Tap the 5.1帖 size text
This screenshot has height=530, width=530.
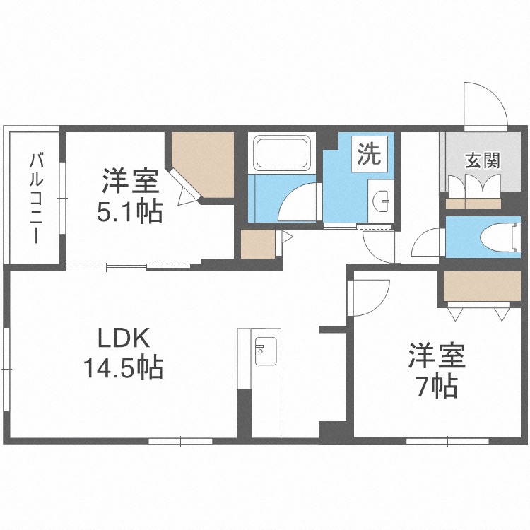pos(129,211)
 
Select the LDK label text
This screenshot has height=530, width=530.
pos(123,338)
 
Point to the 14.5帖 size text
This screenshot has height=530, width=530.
pos(123,367)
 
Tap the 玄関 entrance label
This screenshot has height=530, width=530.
pos(483,160)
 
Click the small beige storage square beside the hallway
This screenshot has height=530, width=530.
pos(255,245)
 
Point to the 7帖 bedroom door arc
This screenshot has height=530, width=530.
pos(369,297)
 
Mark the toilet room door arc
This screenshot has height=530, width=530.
pos(427,247)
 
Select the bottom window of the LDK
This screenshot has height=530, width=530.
pos(181,441)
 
